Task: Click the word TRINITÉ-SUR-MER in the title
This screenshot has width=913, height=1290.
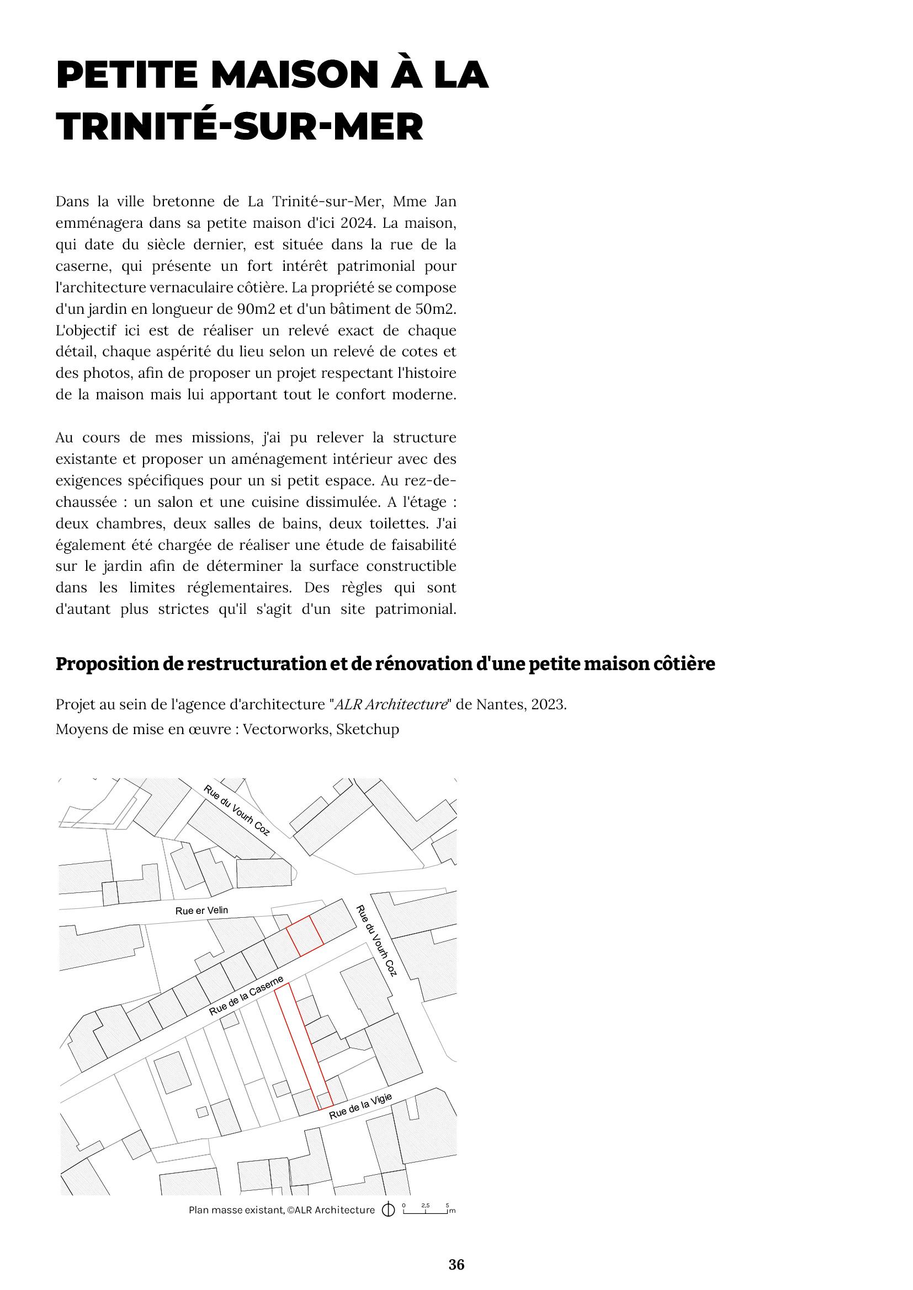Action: (x=240, y=127)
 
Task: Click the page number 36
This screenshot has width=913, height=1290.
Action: (x=456, y=1264)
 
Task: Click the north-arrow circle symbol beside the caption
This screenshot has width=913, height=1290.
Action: (x=388, y=1210)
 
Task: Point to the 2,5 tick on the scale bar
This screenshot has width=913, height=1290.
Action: (x=426, y=1206)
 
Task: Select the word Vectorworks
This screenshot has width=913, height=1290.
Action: (x=285, y=729)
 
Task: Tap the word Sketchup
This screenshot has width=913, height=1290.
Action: (x=368, y=729)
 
